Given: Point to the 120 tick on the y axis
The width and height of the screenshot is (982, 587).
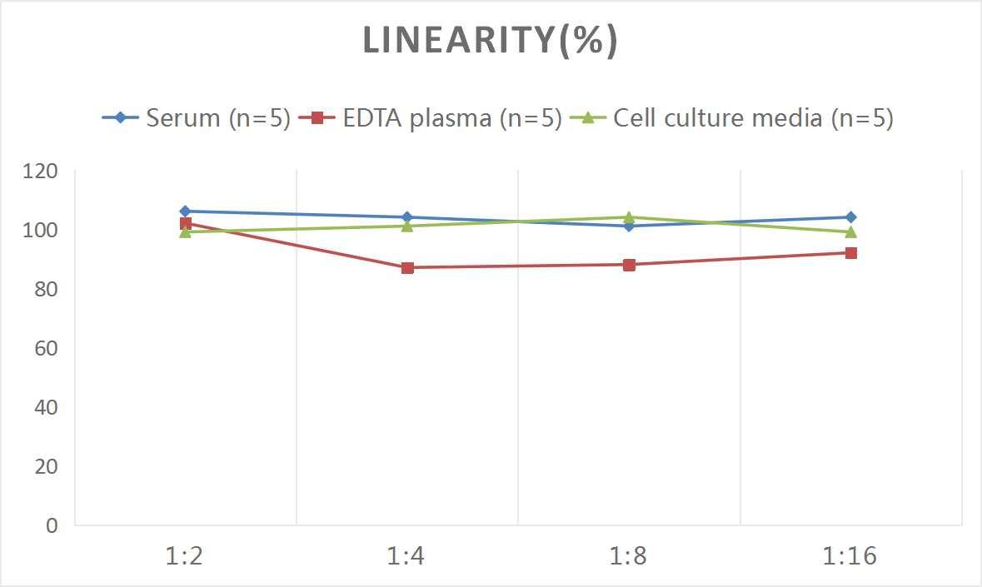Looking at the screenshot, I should tap(41, 172).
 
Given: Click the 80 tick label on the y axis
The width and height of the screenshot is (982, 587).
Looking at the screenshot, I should tap(45, 290).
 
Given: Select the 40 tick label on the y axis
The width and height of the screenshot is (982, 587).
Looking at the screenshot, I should tap(45, 408).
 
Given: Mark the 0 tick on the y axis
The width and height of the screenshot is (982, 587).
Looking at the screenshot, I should tap(52, 525).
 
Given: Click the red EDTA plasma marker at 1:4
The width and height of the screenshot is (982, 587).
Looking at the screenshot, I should tap(407, 267).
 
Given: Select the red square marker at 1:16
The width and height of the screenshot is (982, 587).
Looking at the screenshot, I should tap(851, 252).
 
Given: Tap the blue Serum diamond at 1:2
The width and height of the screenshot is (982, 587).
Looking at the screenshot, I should tap(185, 211).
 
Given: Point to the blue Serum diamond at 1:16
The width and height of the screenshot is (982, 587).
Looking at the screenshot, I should tap(851, 217).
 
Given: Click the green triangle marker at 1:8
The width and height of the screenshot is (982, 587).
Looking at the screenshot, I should tap(629, 217).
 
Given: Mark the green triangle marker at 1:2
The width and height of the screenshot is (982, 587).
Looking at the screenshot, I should tap(185, 232).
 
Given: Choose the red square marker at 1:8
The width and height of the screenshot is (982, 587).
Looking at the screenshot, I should tap(629, 265).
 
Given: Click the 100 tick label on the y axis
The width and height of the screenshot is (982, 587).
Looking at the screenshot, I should tap(41, 231).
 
